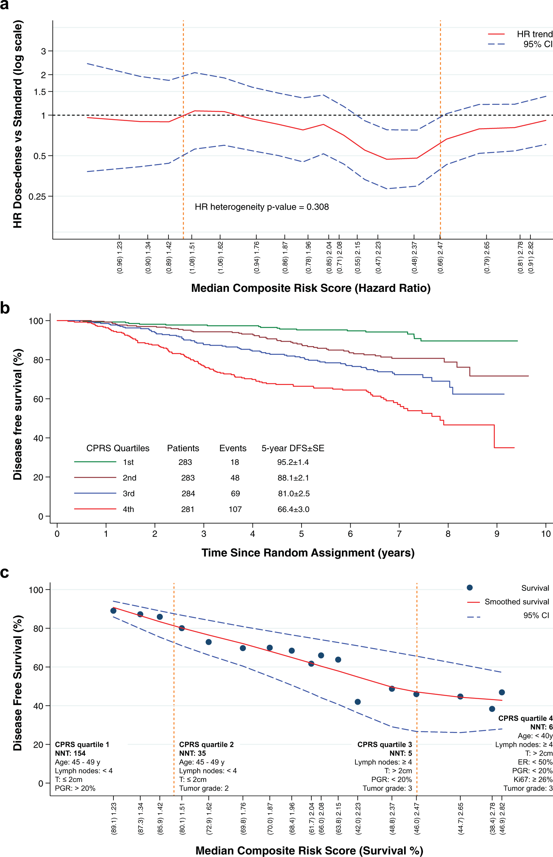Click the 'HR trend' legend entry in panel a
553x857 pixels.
(534, 34)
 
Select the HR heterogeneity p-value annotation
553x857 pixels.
(262, 207)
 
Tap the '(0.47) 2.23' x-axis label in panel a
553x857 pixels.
(378, 258)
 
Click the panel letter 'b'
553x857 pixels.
(5, 308)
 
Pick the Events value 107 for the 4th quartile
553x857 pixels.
(235, 509)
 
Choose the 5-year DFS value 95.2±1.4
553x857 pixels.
(293, 462)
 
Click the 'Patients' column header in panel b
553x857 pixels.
(183, 448)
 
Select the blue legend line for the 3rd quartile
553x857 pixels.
(95, 493)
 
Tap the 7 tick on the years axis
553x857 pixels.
(399, 534)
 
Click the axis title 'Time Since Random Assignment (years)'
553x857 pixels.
(308, 553)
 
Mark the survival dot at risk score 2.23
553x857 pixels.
(358, 702)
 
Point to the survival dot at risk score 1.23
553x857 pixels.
(113, 610)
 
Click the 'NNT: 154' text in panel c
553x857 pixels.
(70, 753)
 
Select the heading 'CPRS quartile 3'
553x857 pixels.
(384, 745)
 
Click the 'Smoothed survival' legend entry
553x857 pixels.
(516, 602)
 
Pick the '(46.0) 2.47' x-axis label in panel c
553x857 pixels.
(417, 819)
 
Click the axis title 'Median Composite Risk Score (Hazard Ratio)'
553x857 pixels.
(311, 288)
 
